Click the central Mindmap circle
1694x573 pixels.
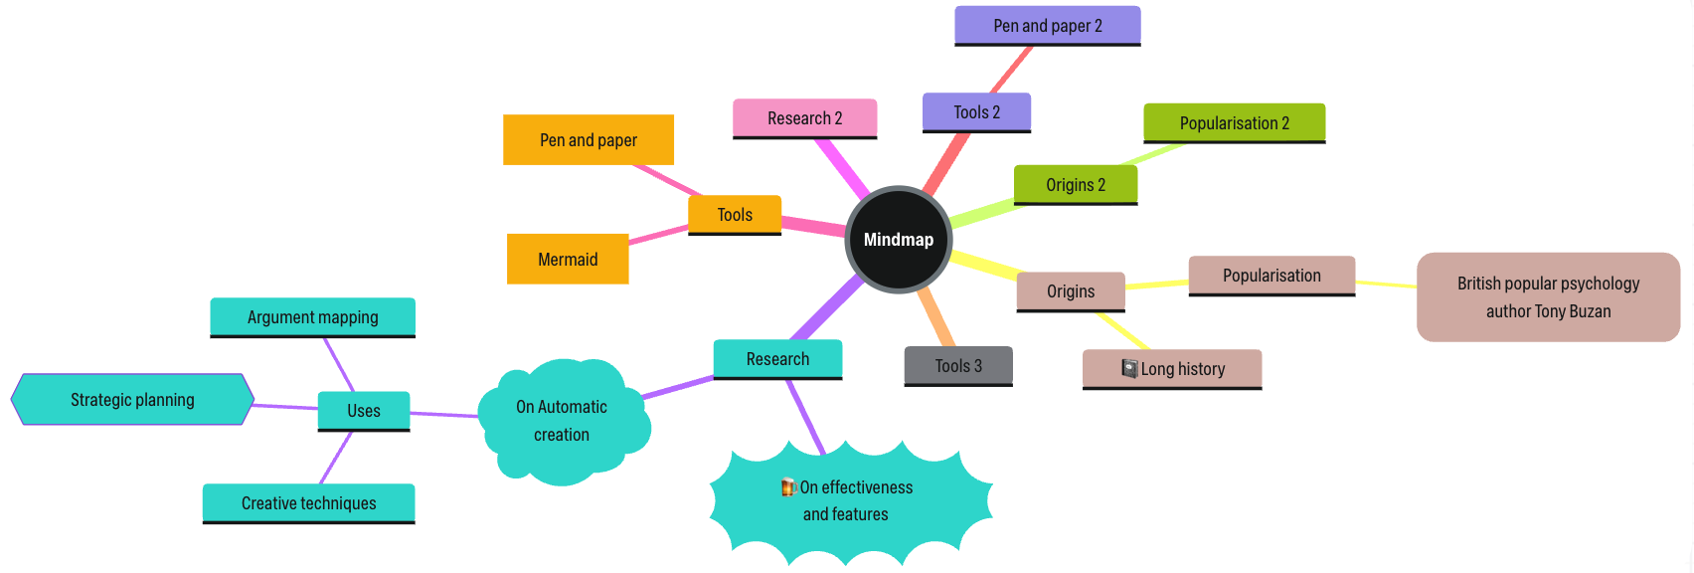(898, 240)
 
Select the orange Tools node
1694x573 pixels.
(735, 215)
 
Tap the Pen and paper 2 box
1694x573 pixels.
(1047, 26)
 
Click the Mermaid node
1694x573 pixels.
(568, 260)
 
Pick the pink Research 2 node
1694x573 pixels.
(804, 118)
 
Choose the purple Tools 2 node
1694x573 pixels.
(976, 112)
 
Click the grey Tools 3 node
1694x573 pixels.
(958, 366)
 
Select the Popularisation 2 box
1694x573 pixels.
(1234, 123)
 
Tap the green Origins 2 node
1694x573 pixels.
(1075, 185)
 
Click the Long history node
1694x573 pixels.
(1172, 369)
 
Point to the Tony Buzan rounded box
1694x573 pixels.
(1548, 297)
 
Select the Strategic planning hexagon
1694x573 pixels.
(132, 400)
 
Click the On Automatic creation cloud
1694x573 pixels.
(562, 421)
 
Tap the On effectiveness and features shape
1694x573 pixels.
(850, 501)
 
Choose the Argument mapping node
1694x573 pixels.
(312, 317)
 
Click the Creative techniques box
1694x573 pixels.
(308, 503)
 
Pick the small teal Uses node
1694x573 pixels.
(363, 411)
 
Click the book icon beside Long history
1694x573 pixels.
(1129, 368)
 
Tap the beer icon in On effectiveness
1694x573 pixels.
(788, 487)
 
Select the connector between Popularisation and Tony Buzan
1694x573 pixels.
(1386, 285)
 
